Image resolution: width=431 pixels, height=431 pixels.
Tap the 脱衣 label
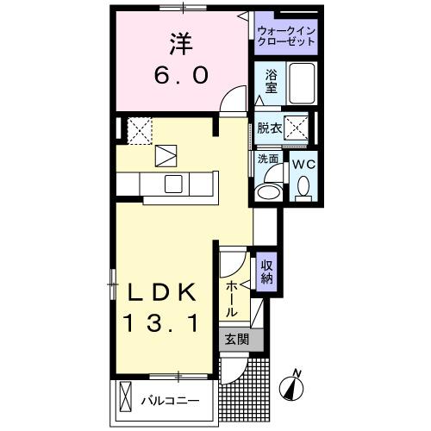click(270, 128)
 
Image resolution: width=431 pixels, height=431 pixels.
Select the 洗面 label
click(268, 159)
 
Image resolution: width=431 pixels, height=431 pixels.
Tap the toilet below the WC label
click(303, 186)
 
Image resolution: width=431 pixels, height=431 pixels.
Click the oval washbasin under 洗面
click(269, 191)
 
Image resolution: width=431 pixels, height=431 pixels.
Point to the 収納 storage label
click(267, 272)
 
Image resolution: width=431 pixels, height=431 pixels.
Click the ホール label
click(232, 297)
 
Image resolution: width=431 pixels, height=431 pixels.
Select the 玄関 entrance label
click(236, 340)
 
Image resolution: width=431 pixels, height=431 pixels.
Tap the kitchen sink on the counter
click(172, 183)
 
